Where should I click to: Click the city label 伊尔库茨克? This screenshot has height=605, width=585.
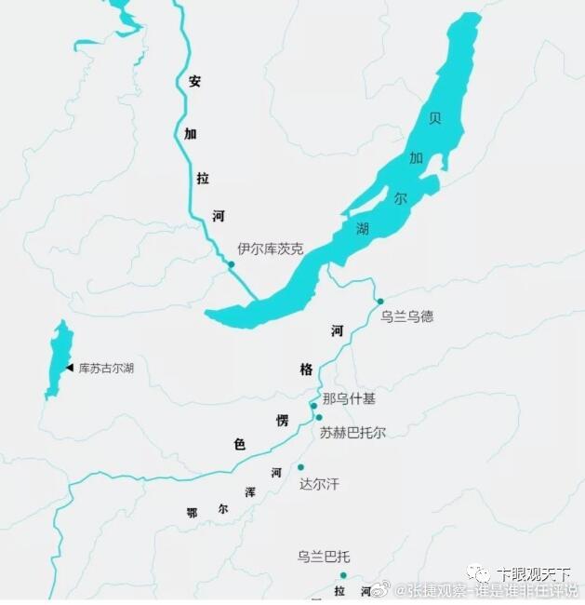[x=270, y=249]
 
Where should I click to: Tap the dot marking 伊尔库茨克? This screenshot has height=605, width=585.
[x=232, y=264]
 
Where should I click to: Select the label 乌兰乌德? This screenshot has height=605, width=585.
[x=406, y=316]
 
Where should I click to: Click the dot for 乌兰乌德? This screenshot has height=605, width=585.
[x=379, y=301]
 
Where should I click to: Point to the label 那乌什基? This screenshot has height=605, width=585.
[x=349, y=398]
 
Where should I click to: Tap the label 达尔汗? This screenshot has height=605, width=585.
[x=319, y=485]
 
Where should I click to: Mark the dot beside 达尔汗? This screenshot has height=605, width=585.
[x=300, y=467]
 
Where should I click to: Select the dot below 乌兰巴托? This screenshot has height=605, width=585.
[x=343, y=575]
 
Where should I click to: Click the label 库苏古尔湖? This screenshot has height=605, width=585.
[x=106, y=369]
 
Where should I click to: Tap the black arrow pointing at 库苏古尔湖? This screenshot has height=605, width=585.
[x=70, y=369]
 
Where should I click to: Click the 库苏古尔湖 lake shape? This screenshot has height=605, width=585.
[x=58, y=358]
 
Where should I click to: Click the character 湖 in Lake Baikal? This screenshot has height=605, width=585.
[x=362, y=228]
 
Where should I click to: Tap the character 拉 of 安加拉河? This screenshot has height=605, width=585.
[x=203, y=178]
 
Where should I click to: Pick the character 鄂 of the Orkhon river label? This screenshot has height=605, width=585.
[x=192, y=513]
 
